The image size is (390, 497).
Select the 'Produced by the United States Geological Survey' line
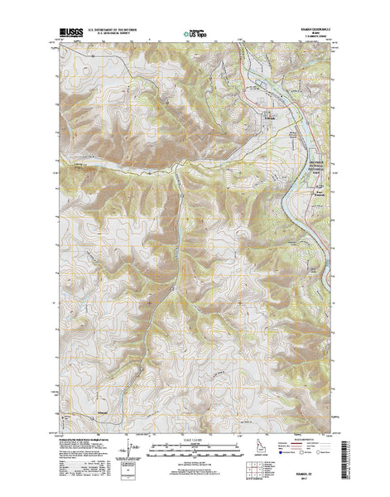(83, 439)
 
